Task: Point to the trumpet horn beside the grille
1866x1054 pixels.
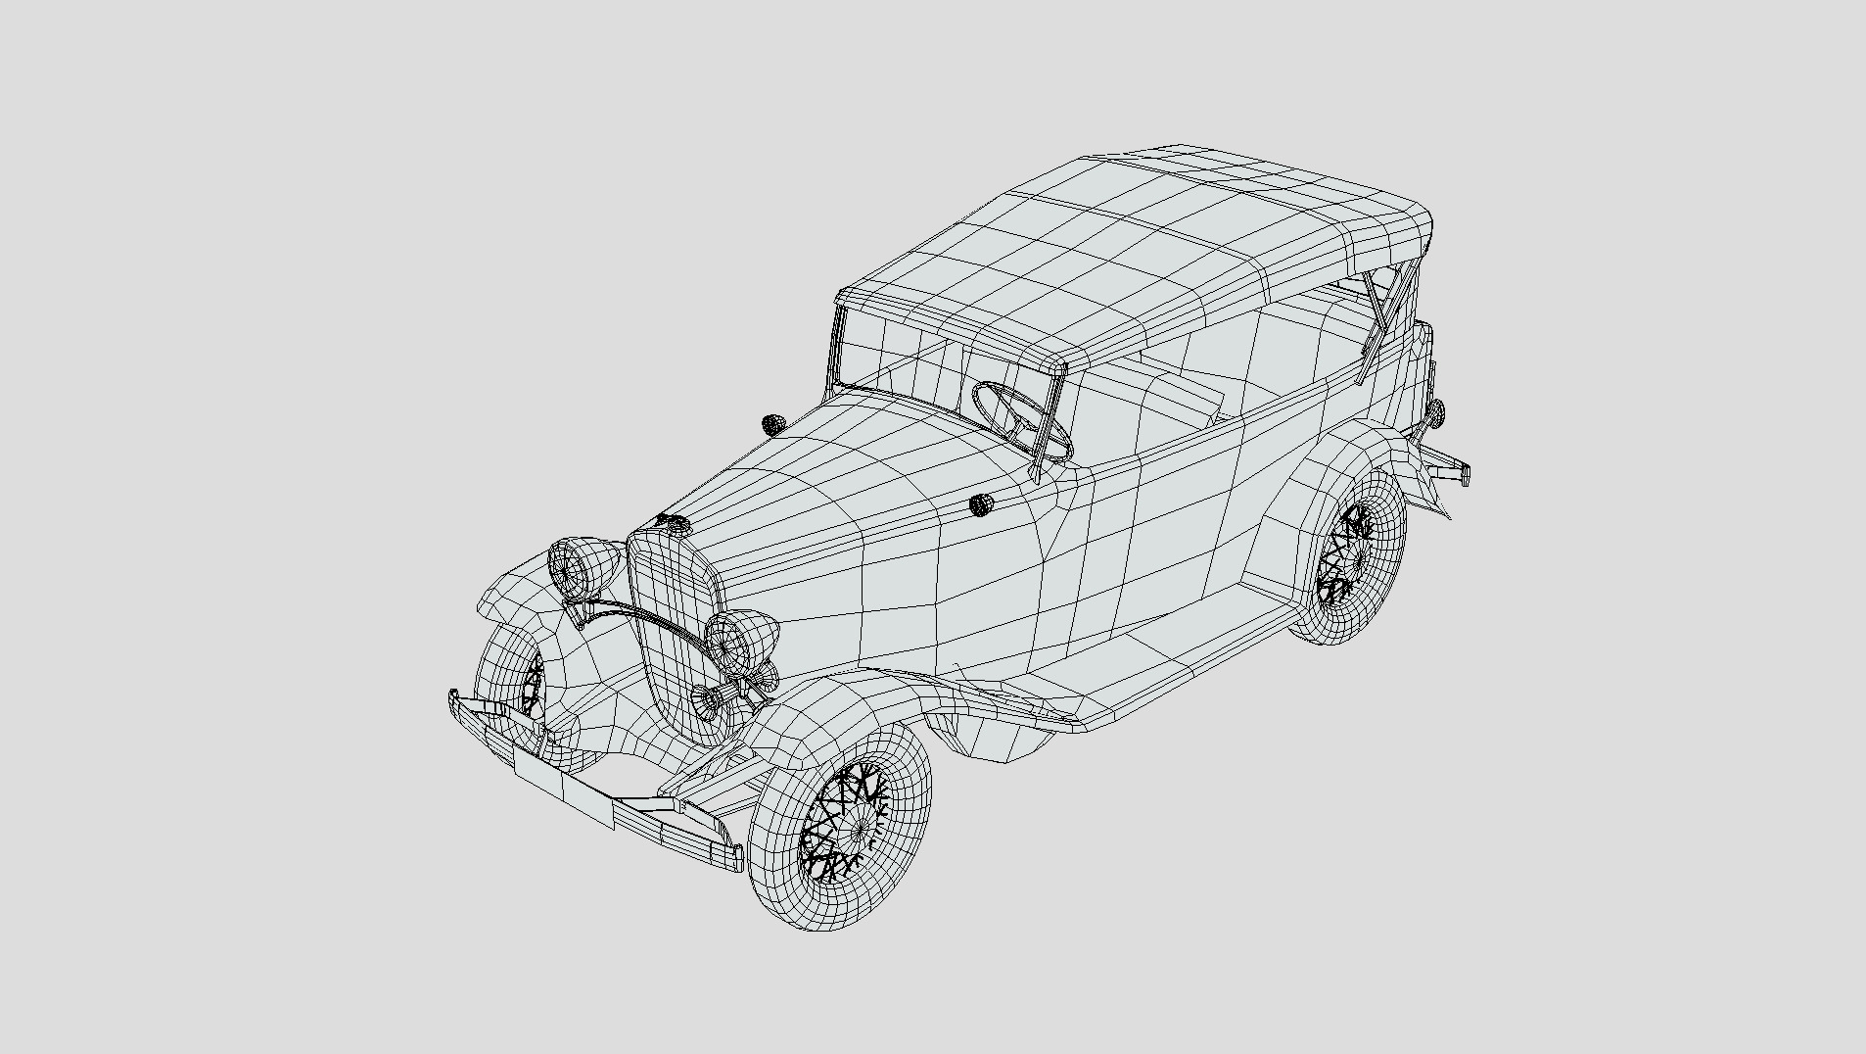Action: click(x=712, y=697)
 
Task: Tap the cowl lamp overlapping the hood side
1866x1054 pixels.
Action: click(x=980, y=504)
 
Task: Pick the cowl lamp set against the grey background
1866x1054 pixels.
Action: click(x=773, y=424)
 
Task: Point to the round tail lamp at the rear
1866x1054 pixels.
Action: click(x=1436, y=410)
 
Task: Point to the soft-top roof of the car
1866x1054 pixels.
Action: click(x=1126, y=245)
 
